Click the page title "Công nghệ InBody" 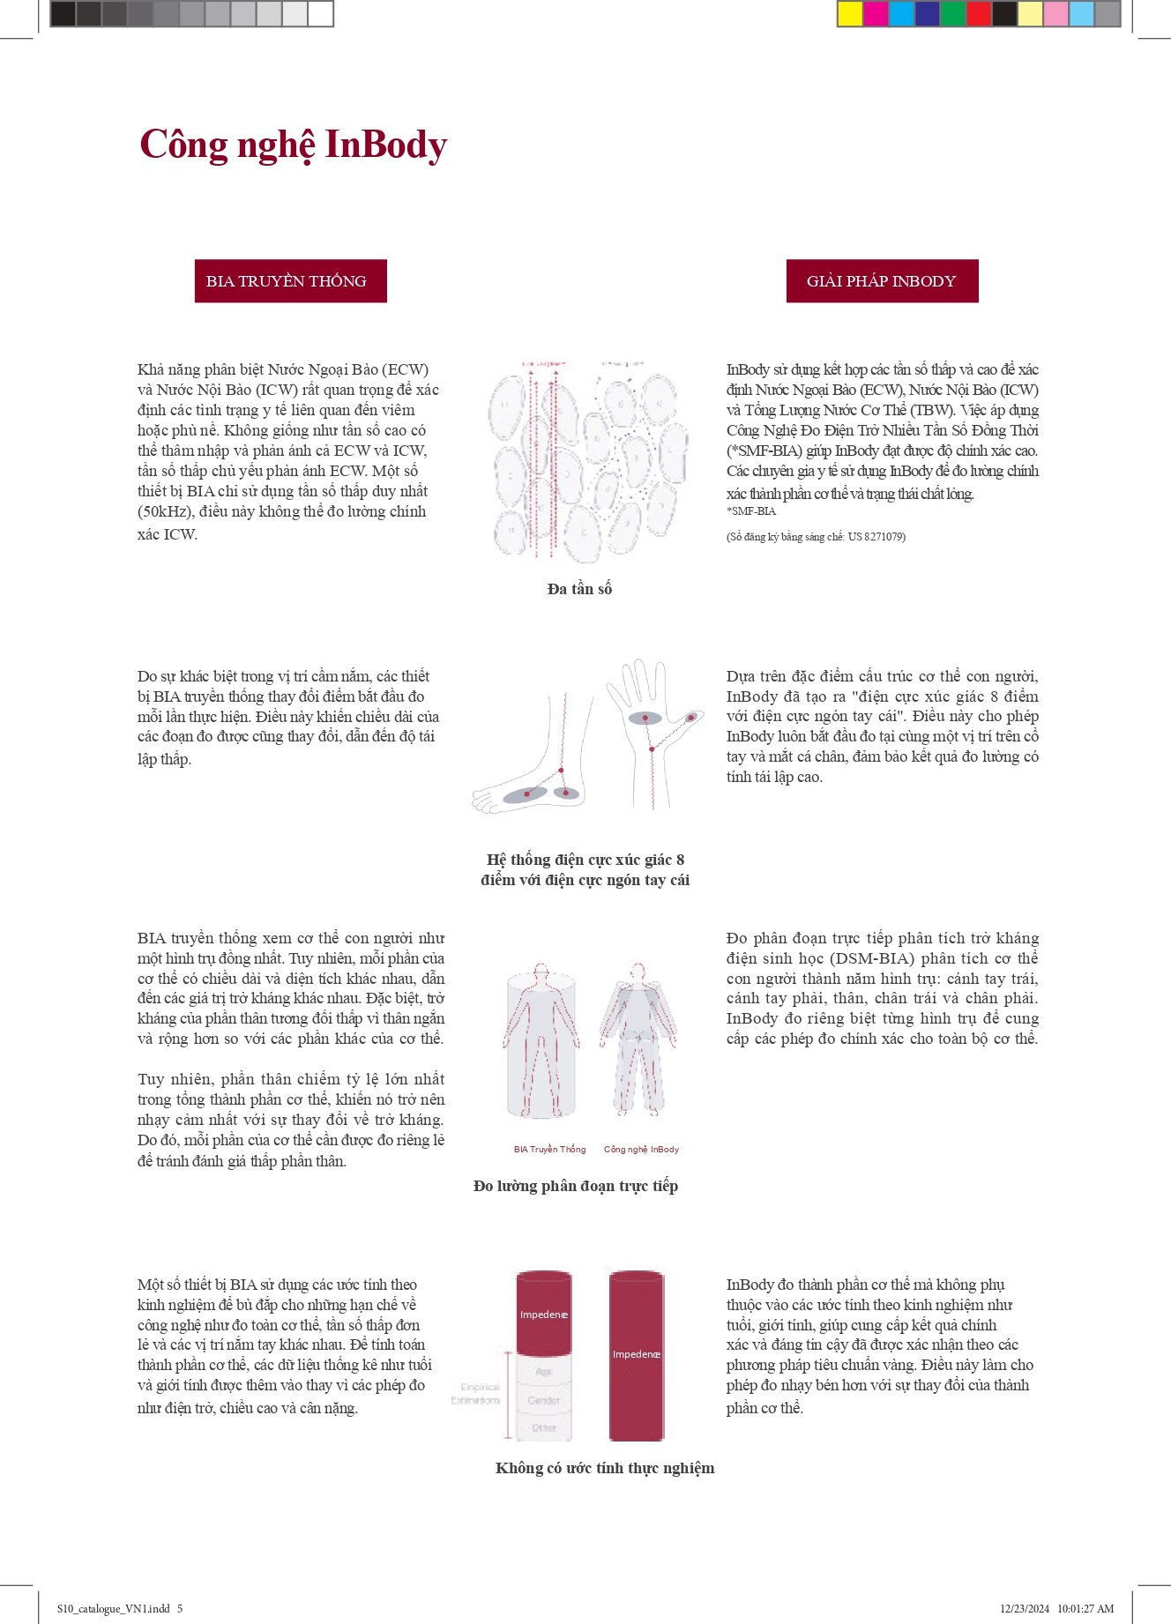293,145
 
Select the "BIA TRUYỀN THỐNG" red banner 290,281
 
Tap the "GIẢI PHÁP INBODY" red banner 882,281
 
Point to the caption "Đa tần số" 579,589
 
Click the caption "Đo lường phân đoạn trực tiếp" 576,1186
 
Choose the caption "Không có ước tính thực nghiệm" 605,1468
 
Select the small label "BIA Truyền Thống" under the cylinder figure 549,1150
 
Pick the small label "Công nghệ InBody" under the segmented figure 641,1150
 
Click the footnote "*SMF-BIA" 751,511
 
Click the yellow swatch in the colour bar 850,14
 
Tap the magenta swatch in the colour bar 876,14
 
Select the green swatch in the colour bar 952,14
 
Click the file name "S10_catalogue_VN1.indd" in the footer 114,1609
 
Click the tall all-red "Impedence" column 637,1355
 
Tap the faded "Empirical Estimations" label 476,1394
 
